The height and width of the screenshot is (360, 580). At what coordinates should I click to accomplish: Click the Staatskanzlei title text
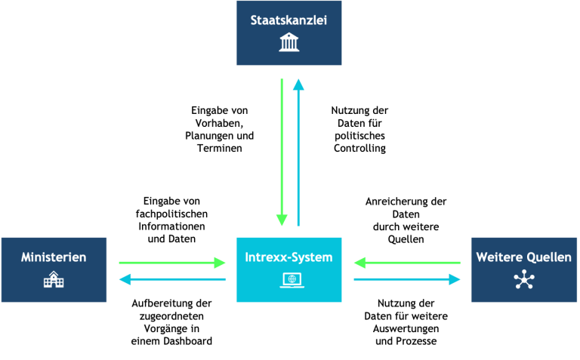pyautogui.click(x=289, y=20)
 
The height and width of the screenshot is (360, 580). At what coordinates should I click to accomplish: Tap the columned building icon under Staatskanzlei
pyautogui.click(x=289, y=42)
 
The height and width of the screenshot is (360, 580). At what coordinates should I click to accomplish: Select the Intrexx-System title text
pyautogui.click(x=289, y=257)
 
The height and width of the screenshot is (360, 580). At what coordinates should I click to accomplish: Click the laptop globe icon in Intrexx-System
pyautogui.click(x=292, y=280)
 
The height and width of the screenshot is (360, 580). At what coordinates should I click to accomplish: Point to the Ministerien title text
pyautogui.click(x=54, y=257)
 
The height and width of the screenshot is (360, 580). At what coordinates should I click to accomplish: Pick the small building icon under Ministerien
pyautogui.click(x=54, y=279)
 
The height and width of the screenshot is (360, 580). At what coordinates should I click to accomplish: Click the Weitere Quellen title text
pyautogui.click(x=524, y=257)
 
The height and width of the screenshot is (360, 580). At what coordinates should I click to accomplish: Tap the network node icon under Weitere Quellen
pyautogui.click(x=524, y=279)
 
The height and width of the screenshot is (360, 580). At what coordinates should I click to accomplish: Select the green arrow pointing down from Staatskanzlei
pyautogui.click(x=282, y=152)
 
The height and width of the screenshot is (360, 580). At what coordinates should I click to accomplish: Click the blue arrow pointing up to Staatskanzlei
pyautogui.click(x=298, y=152)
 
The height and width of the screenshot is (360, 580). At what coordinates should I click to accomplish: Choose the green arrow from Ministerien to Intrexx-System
pyautogui.click(x=172, y=263)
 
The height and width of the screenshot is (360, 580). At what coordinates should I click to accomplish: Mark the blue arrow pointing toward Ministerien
pyautogui.click(x=172, y=279)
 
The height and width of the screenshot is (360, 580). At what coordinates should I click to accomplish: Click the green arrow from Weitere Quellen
pyautogui.click(x=407, y=263)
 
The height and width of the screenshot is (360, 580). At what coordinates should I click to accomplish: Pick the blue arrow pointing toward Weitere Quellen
pyautogui.click(x=407, y=279)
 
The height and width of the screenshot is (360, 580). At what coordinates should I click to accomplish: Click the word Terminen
pyautogui.click(x=220, y=148)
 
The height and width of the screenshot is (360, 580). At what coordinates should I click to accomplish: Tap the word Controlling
pyautogui.click(x=360, y=148)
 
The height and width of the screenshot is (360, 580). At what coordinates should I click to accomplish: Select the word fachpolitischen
pyautogui.click(x=171, y=214)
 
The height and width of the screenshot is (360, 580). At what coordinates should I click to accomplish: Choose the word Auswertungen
pyautogui.click(x=406, y=328)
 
